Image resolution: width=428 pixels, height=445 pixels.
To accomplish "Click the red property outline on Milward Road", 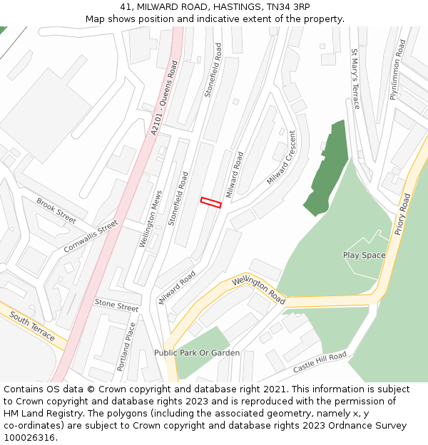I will point(210,202).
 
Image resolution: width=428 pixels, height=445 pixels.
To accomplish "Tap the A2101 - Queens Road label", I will point(163,98).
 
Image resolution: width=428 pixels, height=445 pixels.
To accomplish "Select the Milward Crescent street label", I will point(281,157).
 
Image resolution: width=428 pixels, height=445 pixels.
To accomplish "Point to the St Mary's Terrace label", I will point(355,79).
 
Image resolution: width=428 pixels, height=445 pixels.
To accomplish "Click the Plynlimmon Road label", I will point(397,69).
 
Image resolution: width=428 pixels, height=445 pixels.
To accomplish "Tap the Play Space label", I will point(364,255).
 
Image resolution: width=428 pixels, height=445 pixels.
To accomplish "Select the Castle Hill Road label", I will point(320,362).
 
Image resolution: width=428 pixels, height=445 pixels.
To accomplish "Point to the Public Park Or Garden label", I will point(197,352).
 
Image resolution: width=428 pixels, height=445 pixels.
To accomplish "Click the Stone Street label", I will point(116,305).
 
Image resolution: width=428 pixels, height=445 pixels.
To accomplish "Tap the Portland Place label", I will point(126,346).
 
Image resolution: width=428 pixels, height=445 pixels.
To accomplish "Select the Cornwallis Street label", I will point(91,236).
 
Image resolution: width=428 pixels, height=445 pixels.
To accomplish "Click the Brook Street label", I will point(56,211).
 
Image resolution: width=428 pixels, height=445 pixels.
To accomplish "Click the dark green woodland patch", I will point(330,168).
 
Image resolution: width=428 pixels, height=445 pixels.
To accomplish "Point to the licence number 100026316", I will point(31,437).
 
